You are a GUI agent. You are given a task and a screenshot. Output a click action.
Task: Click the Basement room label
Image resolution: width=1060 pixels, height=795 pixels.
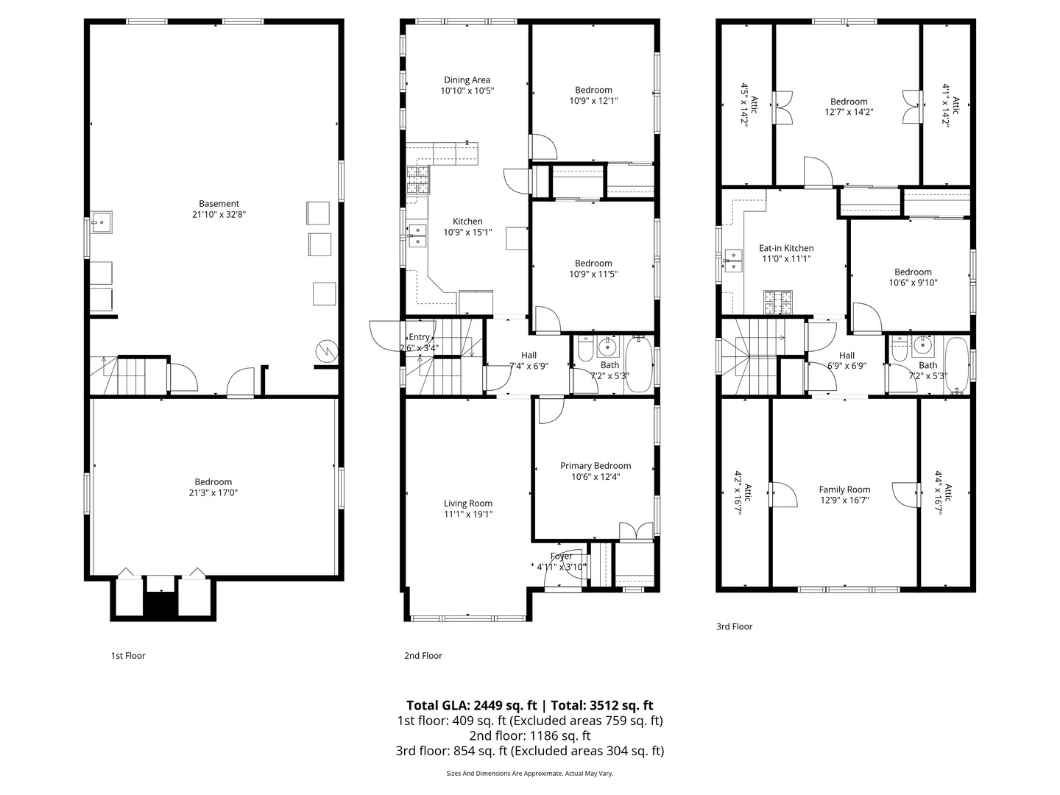pyautogui.click(x=219, y=204)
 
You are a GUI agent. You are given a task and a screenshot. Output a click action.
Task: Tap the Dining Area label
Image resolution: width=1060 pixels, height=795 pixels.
pyautogui.click(x=467, y=80)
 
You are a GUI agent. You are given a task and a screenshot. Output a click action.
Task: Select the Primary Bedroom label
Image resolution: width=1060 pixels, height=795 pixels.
pyautogui.click(x=596, y=466)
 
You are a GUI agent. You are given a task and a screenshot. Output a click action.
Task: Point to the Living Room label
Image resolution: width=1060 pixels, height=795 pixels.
pyautogui.click(x=468, y=504)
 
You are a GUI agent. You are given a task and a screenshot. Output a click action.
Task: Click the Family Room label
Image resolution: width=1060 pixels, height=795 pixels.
pyautogui.click(x=844, y=490)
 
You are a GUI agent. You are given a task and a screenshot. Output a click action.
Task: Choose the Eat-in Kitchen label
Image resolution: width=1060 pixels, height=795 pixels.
pyautogui.click(x=786, y=248)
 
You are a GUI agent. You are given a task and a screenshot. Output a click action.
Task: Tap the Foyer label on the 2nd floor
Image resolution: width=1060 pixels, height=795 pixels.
pyautogui.click(x=561, y=556)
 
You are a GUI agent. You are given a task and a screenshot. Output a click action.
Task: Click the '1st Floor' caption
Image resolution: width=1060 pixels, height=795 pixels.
pyautogui.click(x=128, y=655)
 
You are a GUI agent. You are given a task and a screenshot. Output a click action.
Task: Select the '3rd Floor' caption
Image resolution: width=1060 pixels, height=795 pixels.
pyautogui.click(x=735, y=627)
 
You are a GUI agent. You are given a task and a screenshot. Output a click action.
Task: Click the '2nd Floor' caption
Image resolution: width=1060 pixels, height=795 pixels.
pyautogui.click(x=423, y=655)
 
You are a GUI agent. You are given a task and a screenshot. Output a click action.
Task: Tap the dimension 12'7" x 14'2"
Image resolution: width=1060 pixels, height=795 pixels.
pyautogui.click(x=849, y=113)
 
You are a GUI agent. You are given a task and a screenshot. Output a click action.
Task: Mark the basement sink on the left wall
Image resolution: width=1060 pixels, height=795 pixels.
pyautogui.click(x=101, y=222)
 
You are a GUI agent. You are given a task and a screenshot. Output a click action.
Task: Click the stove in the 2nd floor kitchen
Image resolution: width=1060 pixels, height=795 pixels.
pyautogui.click(x=417, y=180)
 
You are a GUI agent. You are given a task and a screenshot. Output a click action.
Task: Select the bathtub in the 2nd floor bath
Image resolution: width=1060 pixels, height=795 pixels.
pyautogui.click(x=638, y=364)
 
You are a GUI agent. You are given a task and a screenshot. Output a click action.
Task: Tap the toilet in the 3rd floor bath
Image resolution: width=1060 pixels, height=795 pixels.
pyautogui.click(x=899, y=350)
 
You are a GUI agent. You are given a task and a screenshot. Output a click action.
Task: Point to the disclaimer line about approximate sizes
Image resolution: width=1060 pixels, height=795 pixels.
pyautogui.click(x=529, y=774)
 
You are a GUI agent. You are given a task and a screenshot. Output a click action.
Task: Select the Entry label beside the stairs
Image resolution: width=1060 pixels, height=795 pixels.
pyautogui.click(x=419, y=337)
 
